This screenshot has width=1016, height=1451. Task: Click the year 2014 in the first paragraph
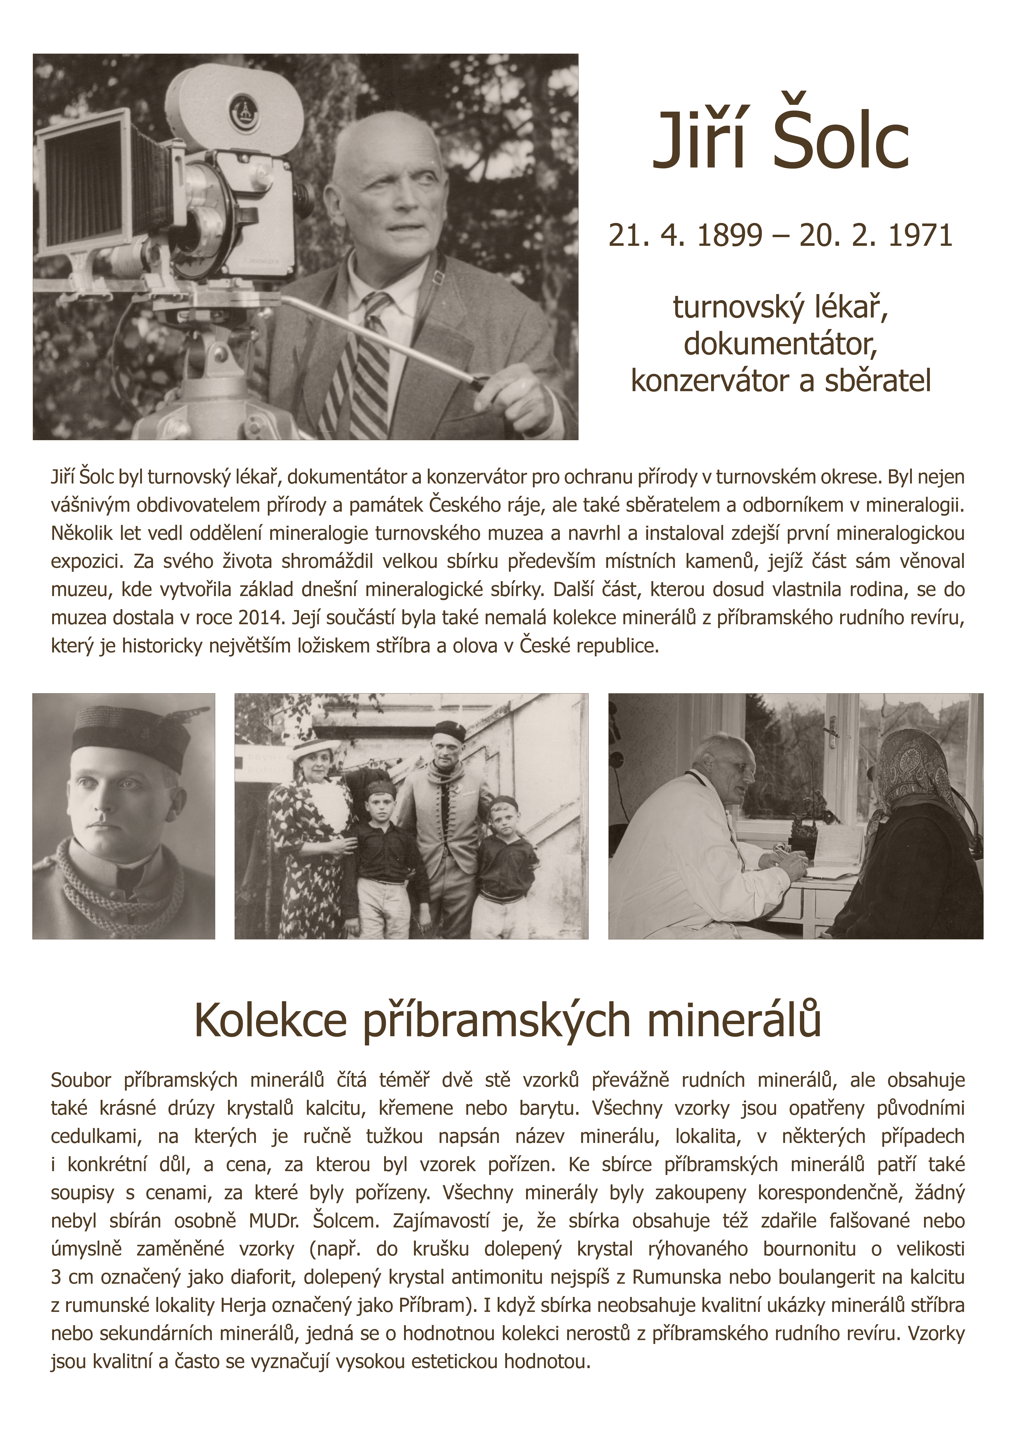pyautogui.click(x=259, y=617)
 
